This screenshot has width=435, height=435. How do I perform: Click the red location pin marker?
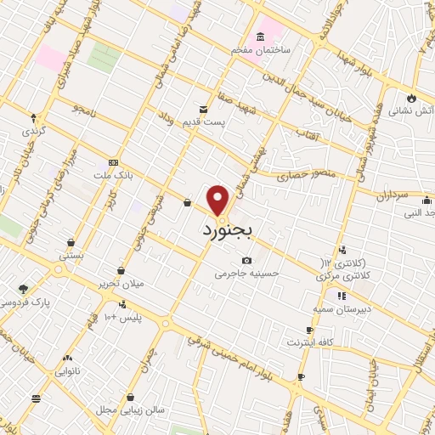click(x=219, y=201)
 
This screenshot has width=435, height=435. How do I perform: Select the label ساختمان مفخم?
click(x=261, y=50)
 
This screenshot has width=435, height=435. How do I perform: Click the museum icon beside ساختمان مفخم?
click(x=259, y=36)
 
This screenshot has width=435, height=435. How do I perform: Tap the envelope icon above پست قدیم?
click(x=203, y=109)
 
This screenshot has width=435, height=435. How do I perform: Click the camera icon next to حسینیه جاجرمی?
click(x=246, y=260)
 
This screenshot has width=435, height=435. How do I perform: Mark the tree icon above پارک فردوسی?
click(x=22, y=287)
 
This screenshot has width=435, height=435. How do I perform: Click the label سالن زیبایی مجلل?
click(x=129, y=410)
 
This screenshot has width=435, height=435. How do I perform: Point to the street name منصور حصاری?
click(x=305, y=178)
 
